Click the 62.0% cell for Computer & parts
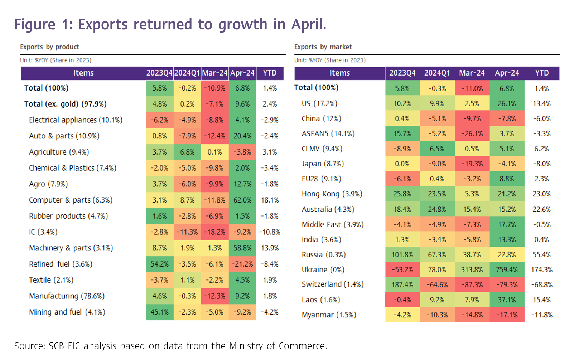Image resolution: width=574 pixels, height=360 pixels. tap(242, 200)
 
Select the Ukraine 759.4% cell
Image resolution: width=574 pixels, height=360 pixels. tap(507, 270)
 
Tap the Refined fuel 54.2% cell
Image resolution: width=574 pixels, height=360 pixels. tap(159, 264)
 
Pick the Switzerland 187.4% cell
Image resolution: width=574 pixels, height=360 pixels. tap(402, 285)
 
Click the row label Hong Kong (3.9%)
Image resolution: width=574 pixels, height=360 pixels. tap(332, 194)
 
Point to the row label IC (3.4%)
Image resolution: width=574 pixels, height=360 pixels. tap(43, 232)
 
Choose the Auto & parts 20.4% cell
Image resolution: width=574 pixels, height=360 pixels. tap(242, 136)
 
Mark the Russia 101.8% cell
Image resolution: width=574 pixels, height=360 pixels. tap(402, 255)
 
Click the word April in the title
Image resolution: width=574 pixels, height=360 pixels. tap(308, 25)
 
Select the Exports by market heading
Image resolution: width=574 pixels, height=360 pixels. tap(323, 47)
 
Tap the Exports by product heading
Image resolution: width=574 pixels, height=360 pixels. tap(49, 47)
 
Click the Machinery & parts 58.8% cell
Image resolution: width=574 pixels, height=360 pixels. tap(242, 248)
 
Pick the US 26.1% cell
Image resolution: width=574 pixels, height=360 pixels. tap(507, 104)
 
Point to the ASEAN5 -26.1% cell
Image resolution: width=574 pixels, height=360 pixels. tap(472, 134)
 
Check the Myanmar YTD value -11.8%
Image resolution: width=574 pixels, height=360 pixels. tap(541, 315)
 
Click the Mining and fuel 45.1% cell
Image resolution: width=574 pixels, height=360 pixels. tap(159, 312)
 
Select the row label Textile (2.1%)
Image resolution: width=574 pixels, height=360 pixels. tap(51, 280)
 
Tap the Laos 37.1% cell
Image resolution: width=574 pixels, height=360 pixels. tap(507, 300)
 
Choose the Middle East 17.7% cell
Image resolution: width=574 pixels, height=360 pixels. tap(507, 225)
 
